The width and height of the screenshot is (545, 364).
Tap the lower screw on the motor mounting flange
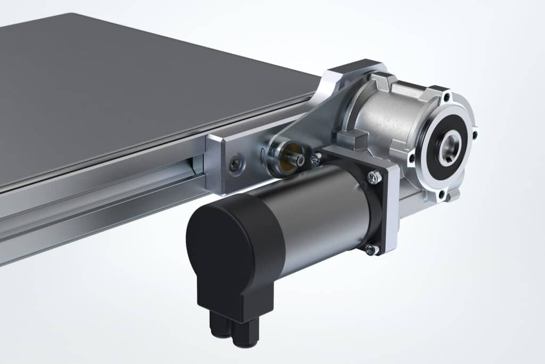[371, 249]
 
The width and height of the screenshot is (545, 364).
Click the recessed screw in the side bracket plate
[234, 165]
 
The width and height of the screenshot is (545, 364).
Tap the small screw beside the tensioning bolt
[316, 158]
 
